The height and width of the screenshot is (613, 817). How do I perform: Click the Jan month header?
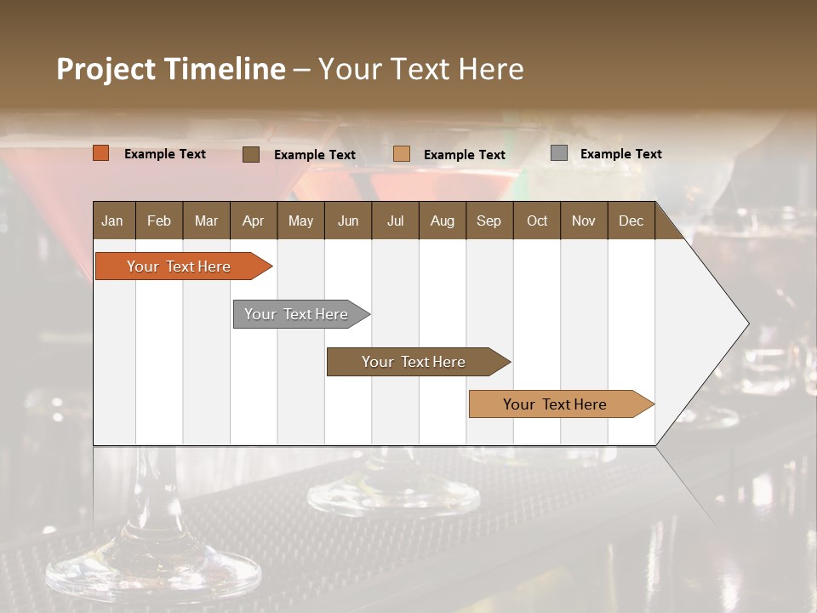(112, 221)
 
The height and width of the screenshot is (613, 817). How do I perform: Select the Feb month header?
(159, 221)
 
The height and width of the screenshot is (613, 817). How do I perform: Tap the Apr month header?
(253, 221)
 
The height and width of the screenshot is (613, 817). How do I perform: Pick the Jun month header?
(348, 221)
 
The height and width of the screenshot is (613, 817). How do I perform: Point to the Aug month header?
(442, 221)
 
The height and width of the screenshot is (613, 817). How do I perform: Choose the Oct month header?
(537, 221)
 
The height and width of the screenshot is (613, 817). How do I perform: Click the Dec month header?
(631, 221)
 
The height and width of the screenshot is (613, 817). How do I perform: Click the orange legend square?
(101, 153)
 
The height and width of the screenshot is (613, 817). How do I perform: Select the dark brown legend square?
(251, 154)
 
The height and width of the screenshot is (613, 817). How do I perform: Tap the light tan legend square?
(402, 154)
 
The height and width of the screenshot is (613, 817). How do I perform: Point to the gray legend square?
(559, 153)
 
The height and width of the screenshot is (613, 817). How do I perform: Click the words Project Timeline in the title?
(171, 69)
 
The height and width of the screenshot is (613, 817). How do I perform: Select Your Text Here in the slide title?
(420, 69)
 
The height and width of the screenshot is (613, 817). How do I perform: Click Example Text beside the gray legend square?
(620, 154)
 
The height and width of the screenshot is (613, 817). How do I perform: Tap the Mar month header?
(206, 221)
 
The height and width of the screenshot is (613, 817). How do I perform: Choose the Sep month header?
(488, 221)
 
